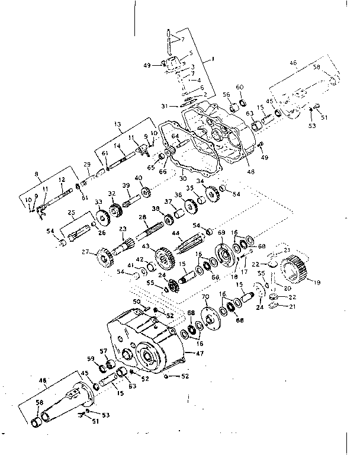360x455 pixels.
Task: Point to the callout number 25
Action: point(71,212)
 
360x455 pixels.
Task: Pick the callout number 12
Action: point(61,180)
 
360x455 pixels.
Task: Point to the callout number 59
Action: point(91,358)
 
